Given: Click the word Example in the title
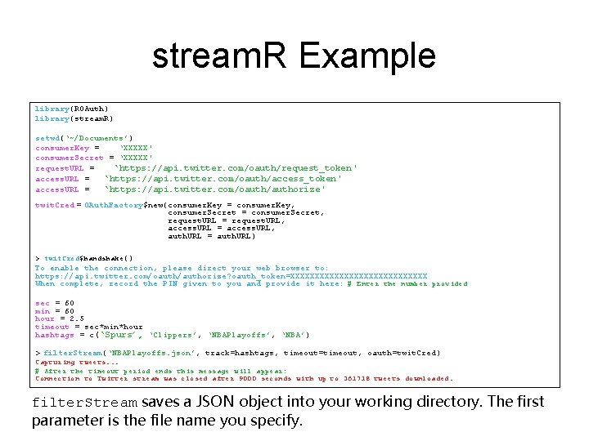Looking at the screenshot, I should pyautogui.click(x=368, y=57).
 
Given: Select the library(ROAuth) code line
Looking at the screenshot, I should pyautogui.click(x=72, y=108).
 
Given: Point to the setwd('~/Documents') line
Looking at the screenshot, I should pyautogui.click(x=84, y=138).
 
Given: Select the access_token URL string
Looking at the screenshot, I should pyautogui.click(x=223, y=178).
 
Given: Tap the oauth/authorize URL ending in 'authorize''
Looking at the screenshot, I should pyautogui.click(x=214, y=189).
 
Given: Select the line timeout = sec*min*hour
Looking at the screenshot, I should pyautogui.click(x=88, y=327).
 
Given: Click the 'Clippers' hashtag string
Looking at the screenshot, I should pyautogui.click(x=173, y=335).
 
